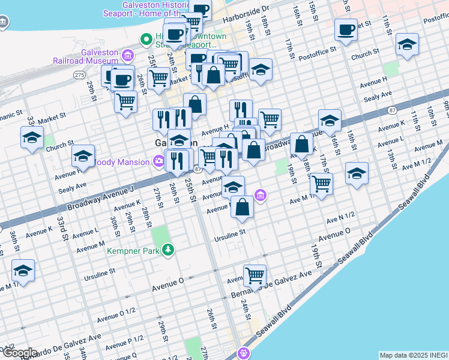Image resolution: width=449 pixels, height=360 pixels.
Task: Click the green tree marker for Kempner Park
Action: pyautogui.click(x=169, y=250)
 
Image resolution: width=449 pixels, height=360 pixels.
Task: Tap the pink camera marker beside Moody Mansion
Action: pyautogui.click(x=158, y=161)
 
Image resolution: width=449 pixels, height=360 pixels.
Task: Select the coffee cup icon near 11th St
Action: pyautogui.click(x=346, y=29)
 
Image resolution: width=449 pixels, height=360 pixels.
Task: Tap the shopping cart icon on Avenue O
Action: pyautogui.click(x=255, y=276)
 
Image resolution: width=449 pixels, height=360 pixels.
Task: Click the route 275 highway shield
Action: pyautogui.click(x=79, y=74)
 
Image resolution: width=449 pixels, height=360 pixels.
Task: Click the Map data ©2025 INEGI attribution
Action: pyautogui.click(x=414, y=355)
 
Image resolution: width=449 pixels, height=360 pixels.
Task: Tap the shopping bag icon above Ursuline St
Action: pyautogui.click(x=243, y=207)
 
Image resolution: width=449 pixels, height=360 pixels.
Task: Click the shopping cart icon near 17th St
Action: pyautogui.click(x=322, y=183)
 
